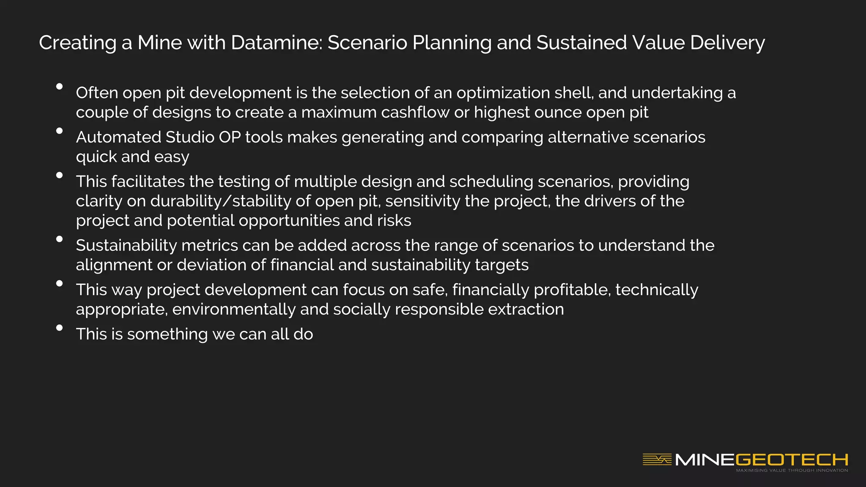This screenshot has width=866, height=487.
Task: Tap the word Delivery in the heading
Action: (x=727, y=43)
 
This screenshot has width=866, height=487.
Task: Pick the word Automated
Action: (x=118, y=137)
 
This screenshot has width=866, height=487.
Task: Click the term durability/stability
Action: (x=221, y=201)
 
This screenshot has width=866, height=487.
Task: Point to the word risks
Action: (x=395, y=221)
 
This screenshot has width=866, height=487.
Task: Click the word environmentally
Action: (x=234, y=309)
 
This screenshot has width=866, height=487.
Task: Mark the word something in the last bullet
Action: (x=167, y=334)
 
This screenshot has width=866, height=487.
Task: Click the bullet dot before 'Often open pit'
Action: (x=60, y=87)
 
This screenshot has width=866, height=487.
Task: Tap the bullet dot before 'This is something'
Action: (x=60, y=328)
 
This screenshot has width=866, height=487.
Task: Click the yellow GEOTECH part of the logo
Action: (x=792, y=460)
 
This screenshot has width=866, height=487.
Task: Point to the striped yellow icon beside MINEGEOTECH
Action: (x=657, y=460)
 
